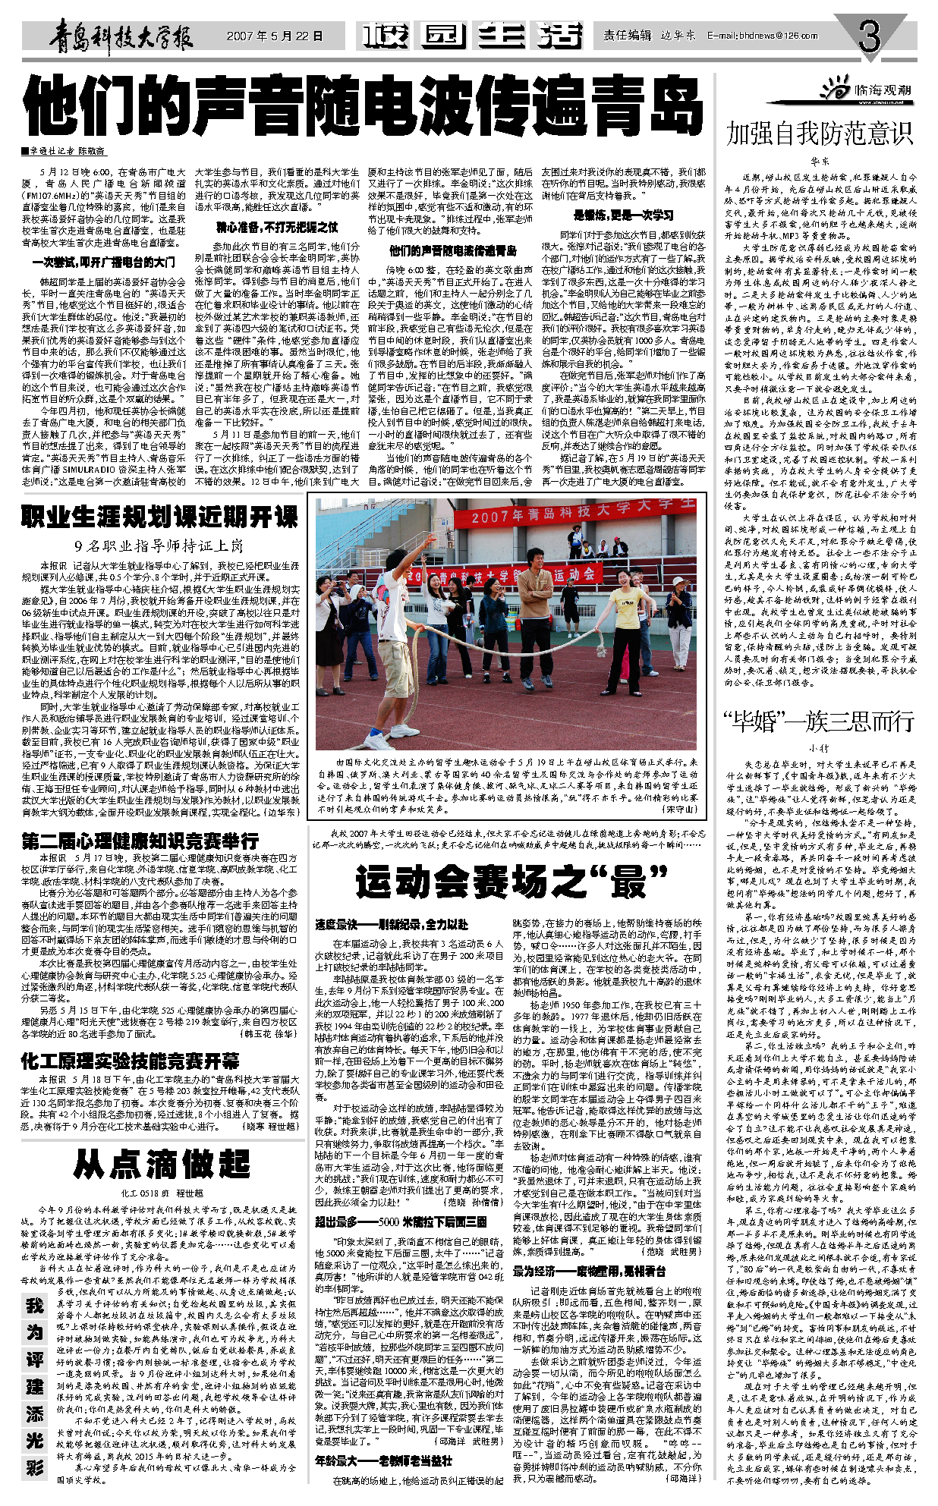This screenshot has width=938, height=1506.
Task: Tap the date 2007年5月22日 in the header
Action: click(x=274, y=36)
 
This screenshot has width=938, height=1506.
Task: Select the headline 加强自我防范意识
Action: click(x=819, y=134)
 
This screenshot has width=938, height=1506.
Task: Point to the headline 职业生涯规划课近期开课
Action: click(x=159, y=517)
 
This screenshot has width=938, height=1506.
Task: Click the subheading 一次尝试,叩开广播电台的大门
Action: click(x=103, y=263)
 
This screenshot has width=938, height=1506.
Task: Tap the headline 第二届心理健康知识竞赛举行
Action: click(x=140, y=841)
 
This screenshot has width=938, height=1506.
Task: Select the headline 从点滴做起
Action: click(x=162, y=1164)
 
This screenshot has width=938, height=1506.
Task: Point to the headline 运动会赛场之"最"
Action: click(x=510, y=882)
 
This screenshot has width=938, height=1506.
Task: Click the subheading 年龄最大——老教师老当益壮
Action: click(x=383, y=1481)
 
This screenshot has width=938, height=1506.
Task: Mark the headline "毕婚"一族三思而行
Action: click(x=819, y=722)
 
